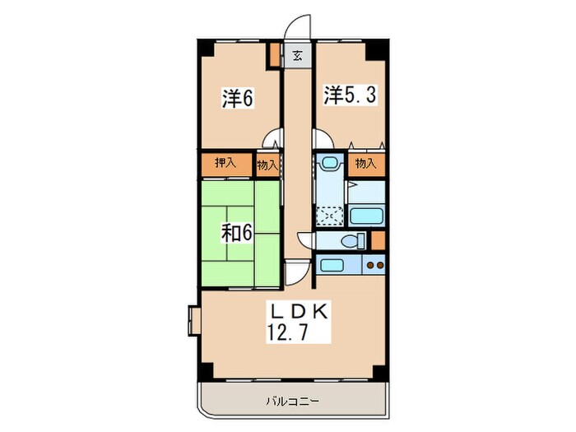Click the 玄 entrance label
(x=297, y=57)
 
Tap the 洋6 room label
(x=236, y=99)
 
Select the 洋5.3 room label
(x=349, y=95)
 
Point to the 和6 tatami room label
(x=235, y=234)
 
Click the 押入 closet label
(x=225, y=164)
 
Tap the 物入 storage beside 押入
(x=267, y=165)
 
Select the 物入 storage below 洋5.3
(x=366, y=164)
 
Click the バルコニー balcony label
(x=292, y=402)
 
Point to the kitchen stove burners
(x=374, y=266)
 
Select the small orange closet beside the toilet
(x=378, y=240)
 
